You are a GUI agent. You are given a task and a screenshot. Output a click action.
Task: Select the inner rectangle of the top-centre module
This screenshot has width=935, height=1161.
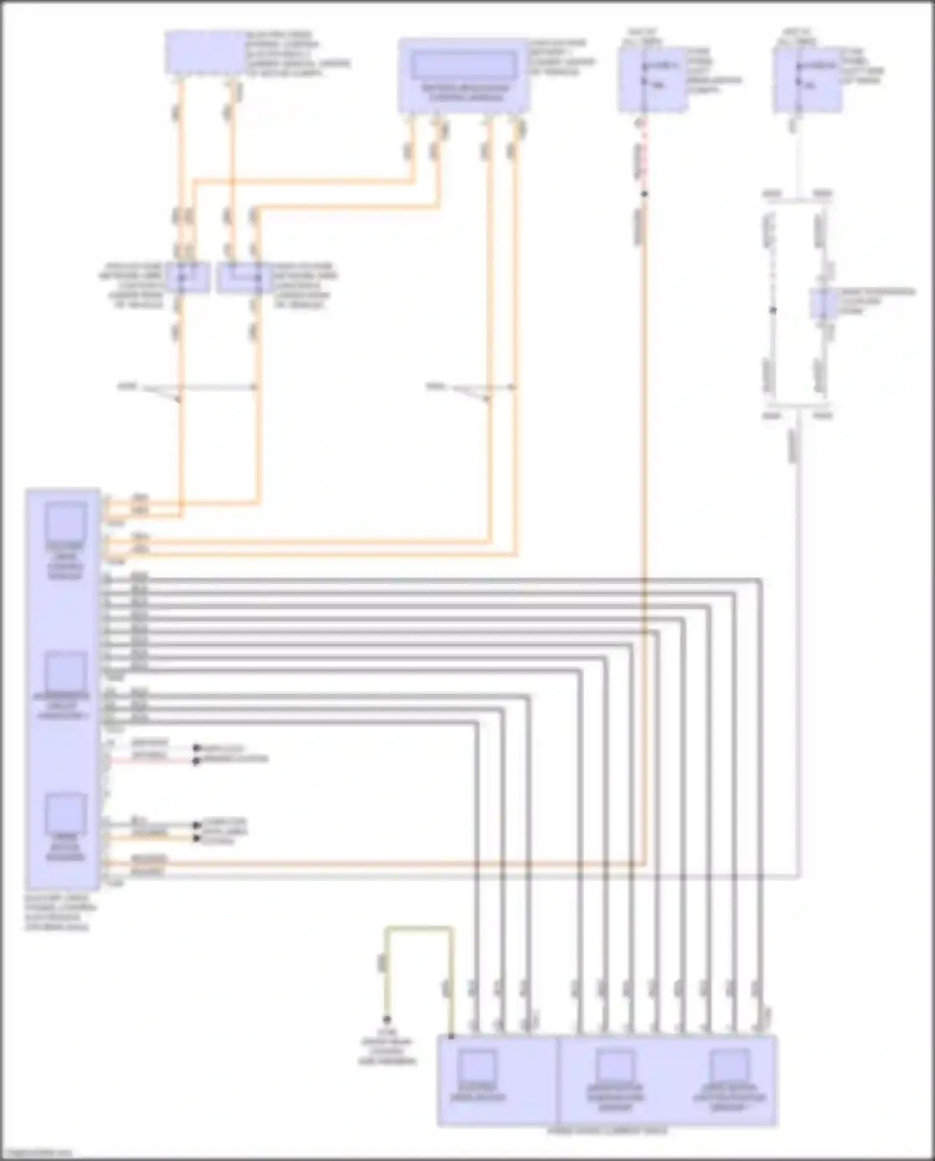click(x=464, y=64)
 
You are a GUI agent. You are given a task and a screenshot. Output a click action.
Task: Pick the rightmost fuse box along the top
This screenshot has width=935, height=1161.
click(x=808, y=80)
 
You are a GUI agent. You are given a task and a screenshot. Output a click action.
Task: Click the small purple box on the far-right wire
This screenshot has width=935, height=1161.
click(x=823, y=304)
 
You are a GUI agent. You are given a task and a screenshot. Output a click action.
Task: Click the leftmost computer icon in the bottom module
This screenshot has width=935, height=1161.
click(x=478, y=1069)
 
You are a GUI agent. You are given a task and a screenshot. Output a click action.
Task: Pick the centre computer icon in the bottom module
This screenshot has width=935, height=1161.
click(x=615, y=1069)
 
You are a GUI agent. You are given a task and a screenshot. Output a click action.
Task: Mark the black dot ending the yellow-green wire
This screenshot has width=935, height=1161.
click(x=387, y=1020)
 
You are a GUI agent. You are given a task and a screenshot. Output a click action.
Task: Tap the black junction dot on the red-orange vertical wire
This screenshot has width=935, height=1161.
click(x=645, y=194)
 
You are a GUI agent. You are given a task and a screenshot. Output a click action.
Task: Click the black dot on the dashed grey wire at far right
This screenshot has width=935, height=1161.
click(x=772, y=310)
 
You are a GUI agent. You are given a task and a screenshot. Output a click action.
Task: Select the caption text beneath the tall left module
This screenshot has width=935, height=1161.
click(x=57, y=913)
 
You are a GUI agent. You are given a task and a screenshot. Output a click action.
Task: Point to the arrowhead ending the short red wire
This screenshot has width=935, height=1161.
click(x=196, y=761)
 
